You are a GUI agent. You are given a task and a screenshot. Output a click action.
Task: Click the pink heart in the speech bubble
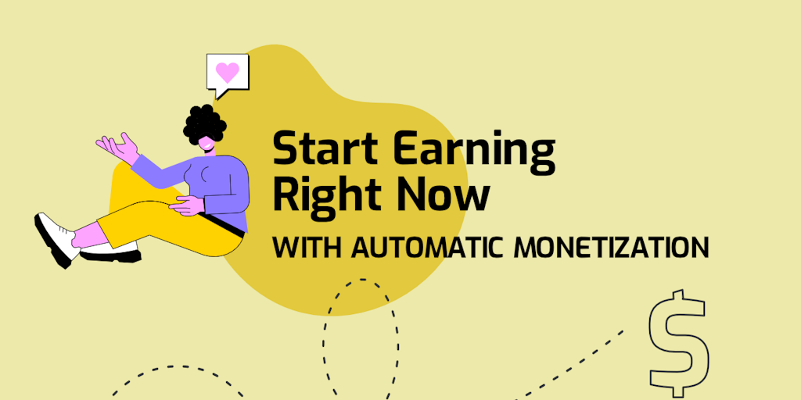[228, 73]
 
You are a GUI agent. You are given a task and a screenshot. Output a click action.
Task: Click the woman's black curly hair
[204, 123]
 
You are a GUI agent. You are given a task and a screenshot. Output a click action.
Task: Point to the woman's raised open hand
[118, 148]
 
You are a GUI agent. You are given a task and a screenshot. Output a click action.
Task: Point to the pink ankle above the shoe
[85, 235]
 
